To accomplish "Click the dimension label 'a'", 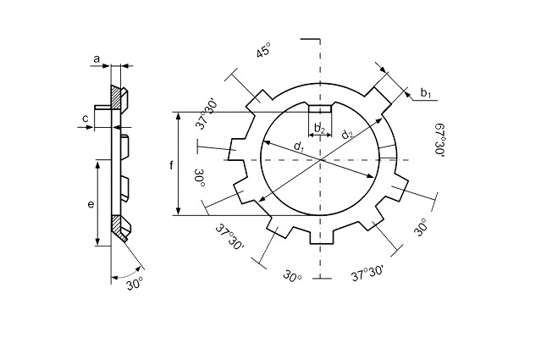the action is coord(97,59).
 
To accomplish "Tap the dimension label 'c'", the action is coord(86,119).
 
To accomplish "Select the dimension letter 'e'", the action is coord(91,204).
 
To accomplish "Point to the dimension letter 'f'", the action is coord(171,165).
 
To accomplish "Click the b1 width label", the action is coord(426,93).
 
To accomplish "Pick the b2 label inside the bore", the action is coord(320,129).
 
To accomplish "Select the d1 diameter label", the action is coord(298,147).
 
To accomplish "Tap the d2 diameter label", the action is coord(347,133).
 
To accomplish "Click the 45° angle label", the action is coord(263,50).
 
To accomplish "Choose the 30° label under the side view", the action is coord(135,284).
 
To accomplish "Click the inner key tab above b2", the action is coord(320,109).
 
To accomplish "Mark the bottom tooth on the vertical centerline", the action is coord(321,235).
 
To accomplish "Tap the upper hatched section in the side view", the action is coord(116,97).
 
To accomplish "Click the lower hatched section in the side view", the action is coord(118,227).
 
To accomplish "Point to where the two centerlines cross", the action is coord(321,160).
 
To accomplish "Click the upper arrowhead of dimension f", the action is coord(178,116).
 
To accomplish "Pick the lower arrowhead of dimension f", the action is coord(178,211).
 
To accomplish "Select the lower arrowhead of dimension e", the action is coord(97,241).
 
